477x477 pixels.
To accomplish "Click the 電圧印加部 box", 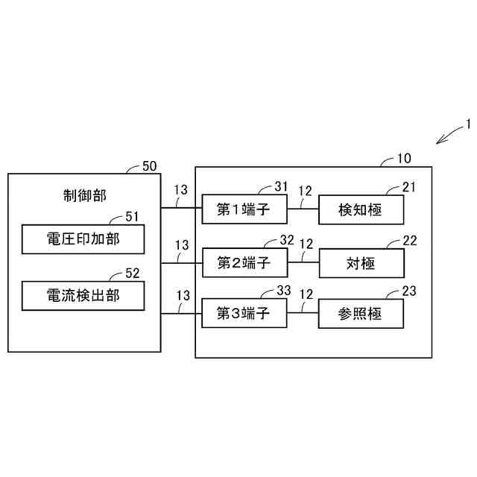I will click(83, 239).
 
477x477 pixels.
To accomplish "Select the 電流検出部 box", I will click(83, 296).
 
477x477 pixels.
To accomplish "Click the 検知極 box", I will click(361, 209).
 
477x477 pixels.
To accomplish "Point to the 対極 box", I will click(361, 262).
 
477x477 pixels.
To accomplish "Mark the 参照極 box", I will click(361, 314).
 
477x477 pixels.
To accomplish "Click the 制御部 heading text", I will click(84, 195).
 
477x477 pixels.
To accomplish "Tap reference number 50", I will click(149, 166).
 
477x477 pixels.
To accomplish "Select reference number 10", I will click(402, 158).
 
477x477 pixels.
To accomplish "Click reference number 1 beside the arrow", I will click(468, 124).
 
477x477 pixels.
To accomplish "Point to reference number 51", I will click(132, 217).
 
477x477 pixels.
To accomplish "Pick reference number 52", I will click(132, 274).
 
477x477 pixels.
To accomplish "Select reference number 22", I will click(409, 240).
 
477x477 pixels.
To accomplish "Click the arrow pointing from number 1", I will click(449, 134).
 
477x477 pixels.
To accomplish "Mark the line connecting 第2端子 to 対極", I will click(304, 262).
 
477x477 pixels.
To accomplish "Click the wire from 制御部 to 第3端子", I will click(181, 314).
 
